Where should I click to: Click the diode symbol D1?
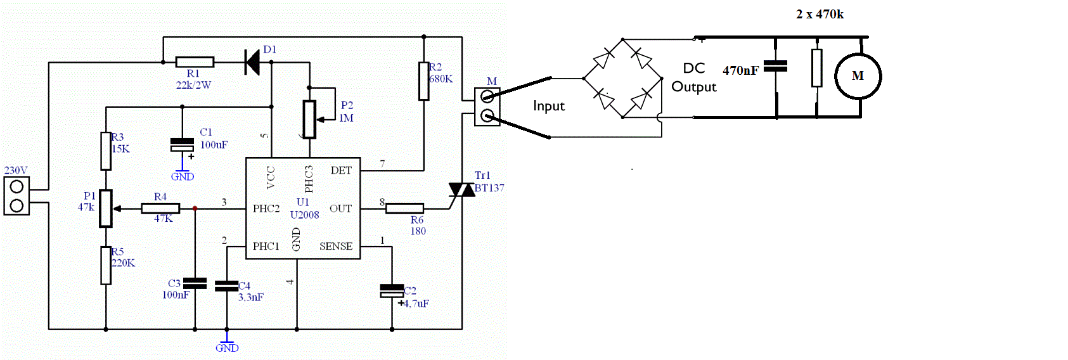pyautogui.click(x=252, y=62)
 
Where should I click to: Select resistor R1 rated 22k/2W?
pyautogui.click(x=195, y=62)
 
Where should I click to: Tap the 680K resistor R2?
pyautogui.click(x=423, y=81)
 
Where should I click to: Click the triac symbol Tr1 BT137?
pyautogui.click(x=461, y=190)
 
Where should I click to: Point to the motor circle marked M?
pyautogui.click(x=858, y=76)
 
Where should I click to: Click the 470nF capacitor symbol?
pyautogui.click(x=776, y=66)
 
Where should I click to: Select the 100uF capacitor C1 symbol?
pyautogui.click(x=182, y=145)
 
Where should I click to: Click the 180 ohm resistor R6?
pyautogui.click(x=404, y=209)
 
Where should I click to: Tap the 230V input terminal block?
pyautogui.click(x=16, y=196)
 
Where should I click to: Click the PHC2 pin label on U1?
pyautogui.click(x=266, y=209)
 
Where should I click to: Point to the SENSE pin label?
pyautogui.click(x=336, y=246)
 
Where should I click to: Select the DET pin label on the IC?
pyautogui.click(x=341, y=170)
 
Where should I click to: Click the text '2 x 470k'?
pyautogui.click(x=820, y=15)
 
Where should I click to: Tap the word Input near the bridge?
pyautogui.click(x=549, y=106)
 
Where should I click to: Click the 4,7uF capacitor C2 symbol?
pyautogui.click(x=392, y=291)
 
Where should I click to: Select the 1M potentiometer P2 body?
pyautogui.click(x=309, y=119)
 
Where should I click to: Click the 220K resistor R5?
pyautogui.click(x=106, y=266)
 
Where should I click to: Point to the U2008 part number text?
pyautogui.click(x=305, y=215)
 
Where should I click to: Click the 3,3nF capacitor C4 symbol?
pyautogui.click(x=226, y=286)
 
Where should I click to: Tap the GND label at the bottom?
pyautogui.click(x=227, y=348)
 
